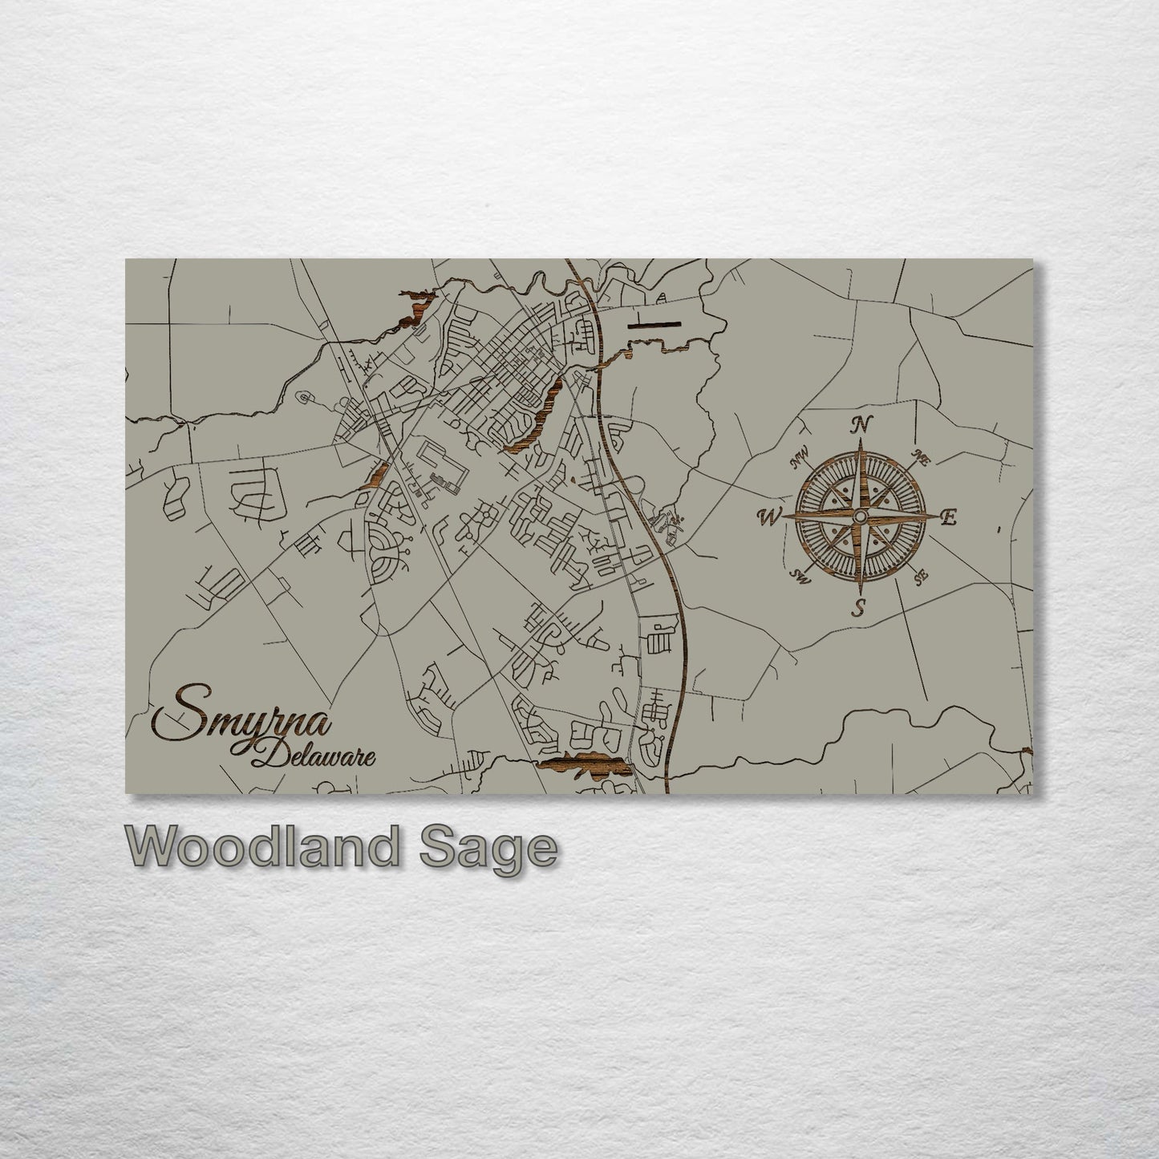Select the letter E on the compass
coord(948,517)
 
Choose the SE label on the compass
coord(921,574)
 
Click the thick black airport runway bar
coord(654,325)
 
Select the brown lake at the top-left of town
coord(415,309)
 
